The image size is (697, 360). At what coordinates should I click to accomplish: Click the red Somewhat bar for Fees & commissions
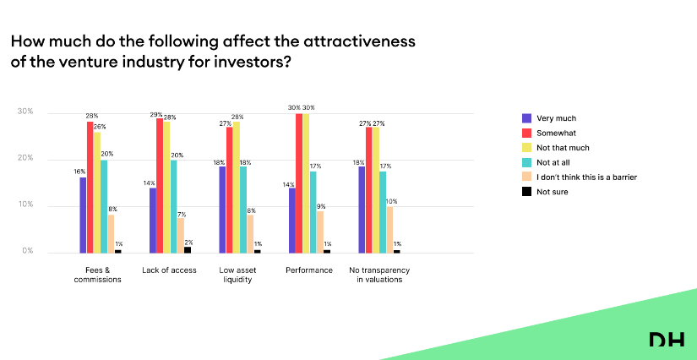pyautogui.click(x=90, y=187)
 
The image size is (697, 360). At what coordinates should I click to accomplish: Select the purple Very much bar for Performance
pyautogui.click(x=292, y=220)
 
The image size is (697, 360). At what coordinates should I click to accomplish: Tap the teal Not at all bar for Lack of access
pyautogui.click(x=174, y=206)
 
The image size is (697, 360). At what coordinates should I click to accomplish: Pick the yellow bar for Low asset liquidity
pyautogui.click(x=237, y=187)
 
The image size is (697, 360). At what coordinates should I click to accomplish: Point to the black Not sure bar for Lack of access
pyautogui.click(x=188, y=249)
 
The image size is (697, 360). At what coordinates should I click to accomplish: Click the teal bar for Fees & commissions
pyautogui.click(x=104, y=206)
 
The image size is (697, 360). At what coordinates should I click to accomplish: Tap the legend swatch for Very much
pyautogui.click(x=527, y=118)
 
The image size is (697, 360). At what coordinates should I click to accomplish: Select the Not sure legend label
pyautogui.click(x=554, y=192)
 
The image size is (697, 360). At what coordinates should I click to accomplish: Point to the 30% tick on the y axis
pyautogui.click(x=25, y=112)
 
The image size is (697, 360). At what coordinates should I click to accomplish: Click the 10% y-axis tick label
pyautogui.click(x=25, y=205)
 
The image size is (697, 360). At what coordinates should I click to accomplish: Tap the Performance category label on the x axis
pyautogui.click(x=309, y=270)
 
